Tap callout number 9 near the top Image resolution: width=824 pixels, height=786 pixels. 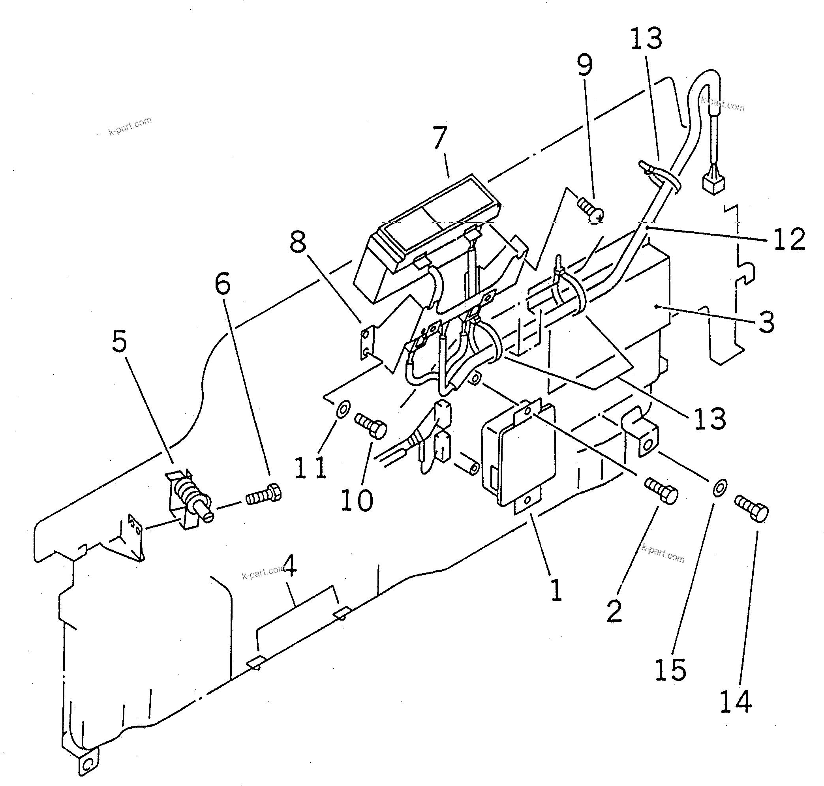tap(585, 66)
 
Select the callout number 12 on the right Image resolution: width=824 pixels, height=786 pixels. tap(789, 239)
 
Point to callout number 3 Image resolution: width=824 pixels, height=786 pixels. tap(767, 323)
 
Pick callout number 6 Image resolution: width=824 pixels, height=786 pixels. tap(222, 284)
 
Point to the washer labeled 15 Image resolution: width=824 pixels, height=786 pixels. tap(720, 488)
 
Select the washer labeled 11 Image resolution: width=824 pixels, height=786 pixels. tap(343, 407)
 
